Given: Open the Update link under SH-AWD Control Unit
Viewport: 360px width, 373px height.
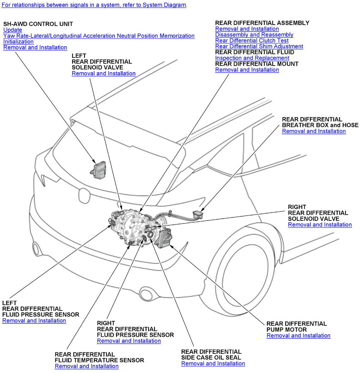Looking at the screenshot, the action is tap(13, 30).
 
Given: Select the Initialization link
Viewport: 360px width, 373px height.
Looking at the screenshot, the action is tap(18, 41).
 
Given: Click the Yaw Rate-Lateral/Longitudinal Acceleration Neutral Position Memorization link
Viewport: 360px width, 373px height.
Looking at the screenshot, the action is tap(99, 36).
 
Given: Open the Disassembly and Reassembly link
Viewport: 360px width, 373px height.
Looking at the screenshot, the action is tap(254, 35).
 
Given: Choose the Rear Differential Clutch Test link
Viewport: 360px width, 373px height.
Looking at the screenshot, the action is tap(252, 41).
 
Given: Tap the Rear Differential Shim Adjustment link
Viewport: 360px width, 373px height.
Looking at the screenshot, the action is tap(259, 46).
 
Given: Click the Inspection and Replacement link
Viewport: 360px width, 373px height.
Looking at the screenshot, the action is tap(252, 58).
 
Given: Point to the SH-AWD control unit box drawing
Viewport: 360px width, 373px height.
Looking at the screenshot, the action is tap(98, 170).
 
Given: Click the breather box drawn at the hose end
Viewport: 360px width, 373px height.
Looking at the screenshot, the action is tap(199, 214).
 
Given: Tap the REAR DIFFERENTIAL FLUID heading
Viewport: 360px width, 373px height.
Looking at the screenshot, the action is tap(254, 52).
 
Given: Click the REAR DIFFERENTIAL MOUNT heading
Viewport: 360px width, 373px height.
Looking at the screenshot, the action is tap(256, 64).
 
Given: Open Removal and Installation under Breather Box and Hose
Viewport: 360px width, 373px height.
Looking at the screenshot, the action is tap(314, 131).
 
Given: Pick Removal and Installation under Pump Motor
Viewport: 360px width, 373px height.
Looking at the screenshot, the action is tap(298, 336).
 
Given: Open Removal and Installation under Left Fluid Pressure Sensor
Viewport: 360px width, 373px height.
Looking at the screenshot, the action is tap(34, 321).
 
